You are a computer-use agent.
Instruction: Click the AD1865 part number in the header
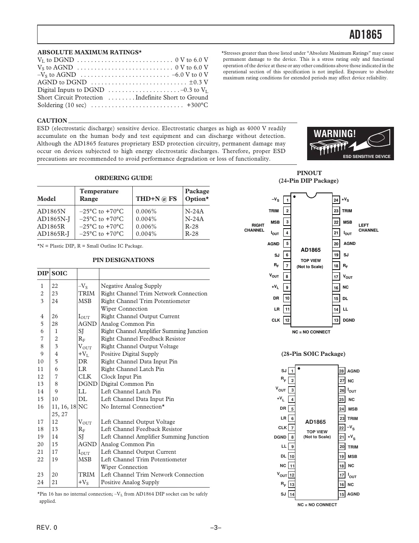[366, 35]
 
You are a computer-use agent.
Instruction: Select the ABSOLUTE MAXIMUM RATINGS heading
[89, 52]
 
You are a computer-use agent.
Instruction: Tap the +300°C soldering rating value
[197, 105]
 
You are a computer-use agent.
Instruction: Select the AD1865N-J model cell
[53, 219]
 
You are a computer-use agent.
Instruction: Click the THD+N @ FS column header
[156, 199]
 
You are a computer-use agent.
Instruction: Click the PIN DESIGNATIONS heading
[123, 260]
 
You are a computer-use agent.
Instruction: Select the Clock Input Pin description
[121, 377]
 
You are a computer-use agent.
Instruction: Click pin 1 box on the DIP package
[287, 200]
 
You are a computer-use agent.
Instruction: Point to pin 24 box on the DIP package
[336, 200]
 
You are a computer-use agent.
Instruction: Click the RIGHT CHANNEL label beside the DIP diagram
[254, 228]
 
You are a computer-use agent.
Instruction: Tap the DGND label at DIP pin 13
[348, 320]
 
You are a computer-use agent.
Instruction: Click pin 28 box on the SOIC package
[342, 371]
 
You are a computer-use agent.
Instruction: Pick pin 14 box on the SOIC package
[292, 494]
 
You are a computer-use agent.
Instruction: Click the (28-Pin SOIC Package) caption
[313, 354]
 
